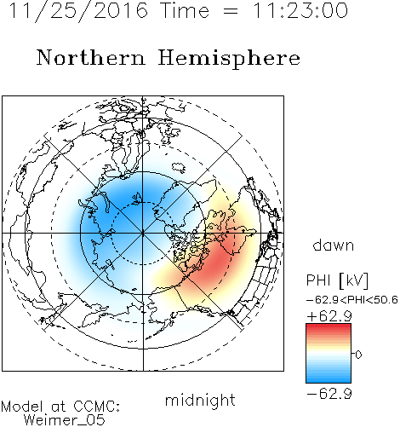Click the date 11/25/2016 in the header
point(78,11)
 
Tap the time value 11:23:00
point(300,10)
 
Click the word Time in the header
point(185,10)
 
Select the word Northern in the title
point(91,57)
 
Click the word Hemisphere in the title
point(229,58)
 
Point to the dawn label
point(334,245)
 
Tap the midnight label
point(200,400)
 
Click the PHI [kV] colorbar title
point(338,280)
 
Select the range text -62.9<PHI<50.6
point(352,300)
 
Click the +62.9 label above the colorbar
point(329,316)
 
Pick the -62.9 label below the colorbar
point(329,394)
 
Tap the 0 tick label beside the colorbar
point(358,355)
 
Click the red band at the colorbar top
point(329,327)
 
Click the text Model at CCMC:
point(60,407)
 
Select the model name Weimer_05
point(65,420)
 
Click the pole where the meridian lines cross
point(143,233)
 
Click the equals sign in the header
point(231,11)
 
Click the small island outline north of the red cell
point(179,168)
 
